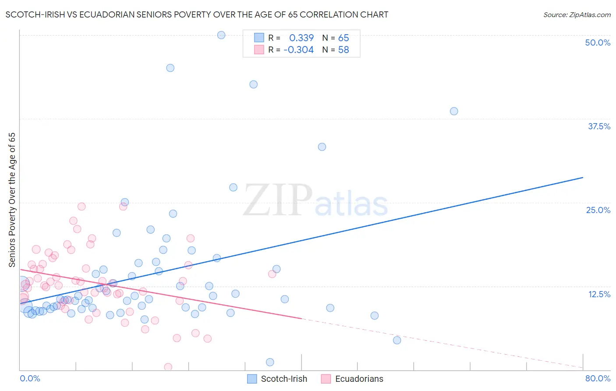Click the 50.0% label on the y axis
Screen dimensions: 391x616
tap(598, 43)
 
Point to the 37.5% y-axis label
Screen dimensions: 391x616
tap(599, 126)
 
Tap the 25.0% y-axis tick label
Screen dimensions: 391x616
tap(598, 210)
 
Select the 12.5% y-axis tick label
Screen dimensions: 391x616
tap(599, 294)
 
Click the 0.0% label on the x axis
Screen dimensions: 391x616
tap(30, 378)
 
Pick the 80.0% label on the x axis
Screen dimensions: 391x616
tap(598, 378)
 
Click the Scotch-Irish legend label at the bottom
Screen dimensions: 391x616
tap(284, 379)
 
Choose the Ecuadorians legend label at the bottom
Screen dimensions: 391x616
tap(359, 379)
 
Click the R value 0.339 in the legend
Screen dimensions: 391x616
tap(301, 38)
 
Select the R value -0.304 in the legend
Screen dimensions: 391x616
tap(299, 50)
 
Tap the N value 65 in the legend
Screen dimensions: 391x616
tap(343, 38)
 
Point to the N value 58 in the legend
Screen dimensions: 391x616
tap(343, 50)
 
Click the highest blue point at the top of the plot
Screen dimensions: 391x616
tap(221, 35)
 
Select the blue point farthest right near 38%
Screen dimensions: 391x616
tap(454, 111)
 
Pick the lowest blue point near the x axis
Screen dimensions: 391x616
tap(270, 362)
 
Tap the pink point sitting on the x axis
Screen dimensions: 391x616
tap(168, 367)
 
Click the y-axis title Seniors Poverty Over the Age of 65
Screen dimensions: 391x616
tap(12, 200)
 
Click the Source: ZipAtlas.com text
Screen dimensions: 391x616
tap(577, 15)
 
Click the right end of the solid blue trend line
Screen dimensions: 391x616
tap(583, 178)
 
